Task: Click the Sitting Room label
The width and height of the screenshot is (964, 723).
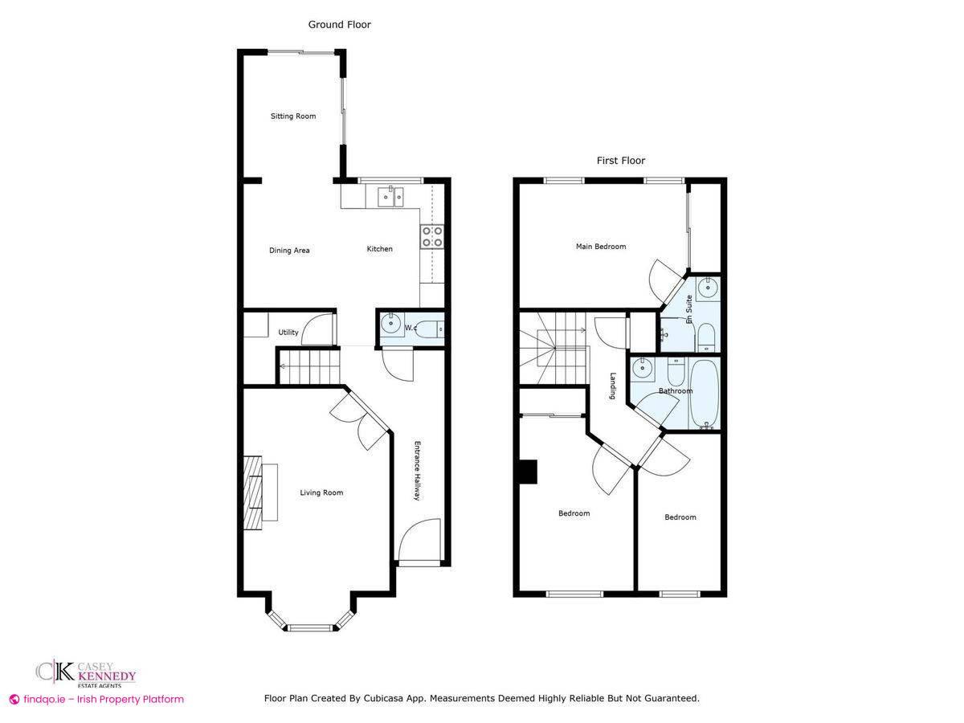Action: [293, 116]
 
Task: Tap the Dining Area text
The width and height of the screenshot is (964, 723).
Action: [289, 251]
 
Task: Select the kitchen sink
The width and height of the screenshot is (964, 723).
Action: [390, 197]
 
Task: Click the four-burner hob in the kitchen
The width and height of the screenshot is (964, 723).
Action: [432, 237]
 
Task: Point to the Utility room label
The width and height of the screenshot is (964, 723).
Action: [288, 333]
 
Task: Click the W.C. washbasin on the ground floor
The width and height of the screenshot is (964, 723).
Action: [390, 325]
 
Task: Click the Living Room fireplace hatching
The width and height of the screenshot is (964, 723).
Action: [252, 493]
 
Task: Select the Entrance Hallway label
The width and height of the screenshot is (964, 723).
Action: [417, 471]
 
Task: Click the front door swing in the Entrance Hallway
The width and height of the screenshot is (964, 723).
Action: [419, 540]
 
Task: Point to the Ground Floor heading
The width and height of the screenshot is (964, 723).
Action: [340, 25]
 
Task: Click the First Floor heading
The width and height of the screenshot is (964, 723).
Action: [620, 161]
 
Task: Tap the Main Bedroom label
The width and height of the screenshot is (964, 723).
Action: [601, 247]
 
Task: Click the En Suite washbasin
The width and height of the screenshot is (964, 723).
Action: [708, 288]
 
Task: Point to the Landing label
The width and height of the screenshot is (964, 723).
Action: [613, 386]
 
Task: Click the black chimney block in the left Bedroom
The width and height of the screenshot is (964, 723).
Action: [529, 472]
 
